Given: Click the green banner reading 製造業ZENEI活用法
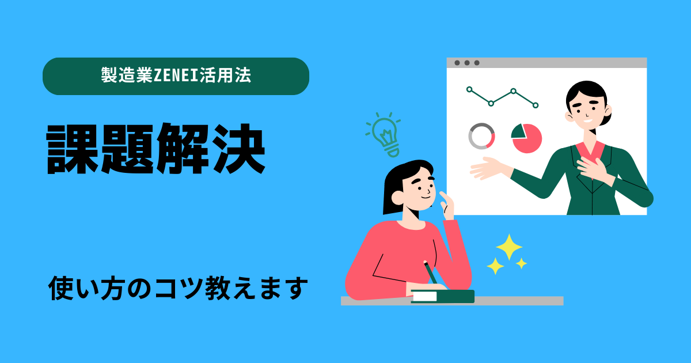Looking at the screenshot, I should click(176, 76).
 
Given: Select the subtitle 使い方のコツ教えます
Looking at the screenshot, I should click(176, 289).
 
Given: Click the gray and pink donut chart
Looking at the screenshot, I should click(481, 137).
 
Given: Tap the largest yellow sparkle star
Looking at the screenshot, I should click(508, 247).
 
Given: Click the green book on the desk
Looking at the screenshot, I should click(442, 296).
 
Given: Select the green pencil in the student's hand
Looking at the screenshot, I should click(430, 273).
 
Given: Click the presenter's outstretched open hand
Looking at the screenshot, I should click(487, 169).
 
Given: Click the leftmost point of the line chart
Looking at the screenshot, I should click(469, 89).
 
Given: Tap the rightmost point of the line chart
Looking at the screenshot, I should click(536, 105).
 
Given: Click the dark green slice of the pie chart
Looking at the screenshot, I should click(519, 131).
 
